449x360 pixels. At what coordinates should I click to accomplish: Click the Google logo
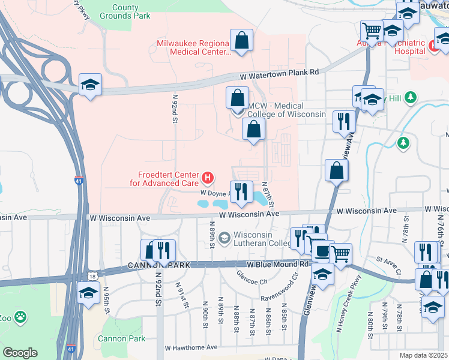click(20, 353)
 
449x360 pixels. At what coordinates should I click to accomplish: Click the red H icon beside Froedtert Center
click(208, 178)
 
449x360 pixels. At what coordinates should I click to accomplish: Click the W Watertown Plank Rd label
click(279, 72)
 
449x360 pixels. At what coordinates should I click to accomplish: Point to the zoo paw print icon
click(20, 316)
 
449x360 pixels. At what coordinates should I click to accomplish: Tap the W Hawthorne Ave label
click(191, 347)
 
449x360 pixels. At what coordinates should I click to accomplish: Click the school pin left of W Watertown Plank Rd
click(90, 84)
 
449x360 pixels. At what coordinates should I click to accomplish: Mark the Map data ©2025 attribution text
click(424, 355)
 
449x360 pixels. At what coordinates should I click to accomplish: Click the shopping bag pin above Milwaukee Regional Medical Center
click(241, 41)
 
